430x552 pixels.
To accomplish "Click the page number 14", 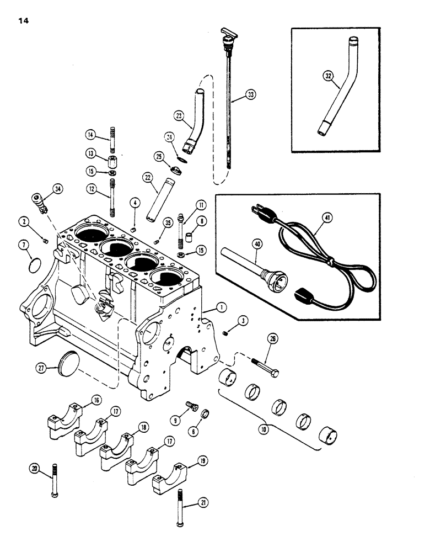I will pyautogui.click(x=22, y=21).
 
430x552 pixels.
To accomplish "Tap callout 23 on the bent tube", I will pyautogui.click(x=178, y=116).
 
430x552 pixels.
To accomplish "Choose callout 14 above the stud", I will pyautogui.click(x=90, y=134).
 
